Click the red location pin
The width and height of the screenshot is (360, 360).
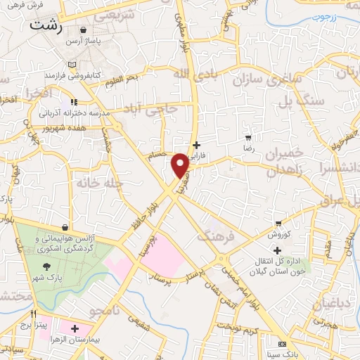click(x=180, y=165)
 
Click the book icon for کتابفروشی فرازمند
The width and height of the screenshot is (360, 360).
click(x=73, y=63)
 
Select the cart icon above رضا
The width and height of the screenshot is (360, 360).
click(x=247, y=138)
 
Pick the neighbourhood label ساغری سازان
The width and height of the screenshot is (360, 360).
click(x=258, y=79)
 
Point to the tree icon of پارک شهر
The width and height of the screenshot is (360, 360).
click(x=46, y=266)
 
